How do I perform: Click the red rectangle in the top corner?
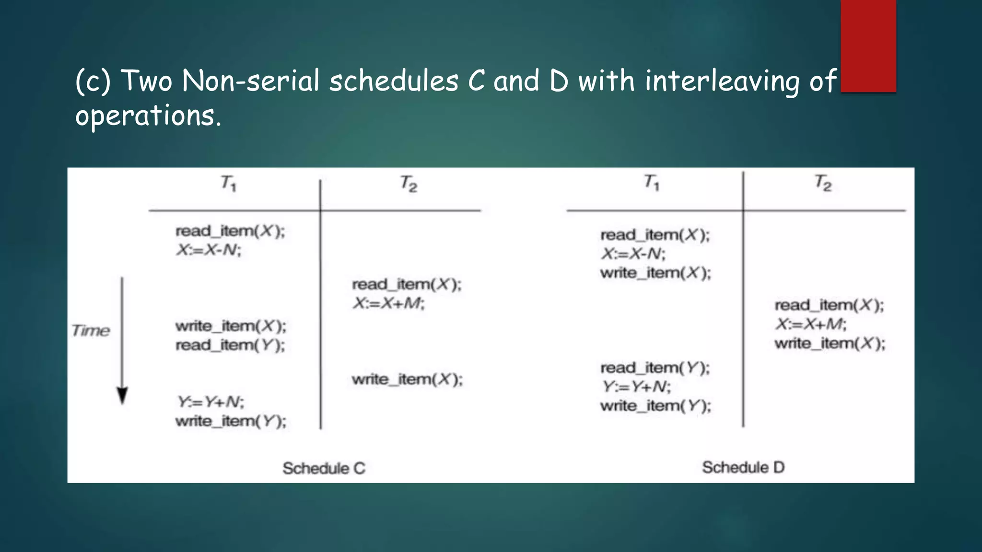(x=868, y=46)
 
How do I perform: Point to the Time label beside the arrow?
(x=91, y=331)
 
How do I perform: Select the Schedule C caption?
(x=324, y=468)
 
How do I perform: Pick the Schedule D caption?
(x=743, y=467)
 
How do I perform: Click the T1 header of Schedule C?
(x=229, y=183)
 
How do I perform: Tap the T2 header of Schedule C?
(x=409, y=184)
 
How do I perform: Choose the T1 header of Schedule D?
(x=652, y=182)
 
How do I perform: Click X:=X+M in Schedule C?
(x=388, y=303)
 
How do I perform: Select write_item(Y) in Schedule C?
(x=231, y=421)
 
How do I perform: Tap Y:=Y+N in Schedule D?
(x=636, y=387)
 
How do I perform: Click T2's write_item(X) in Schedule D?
(x=830, y=344)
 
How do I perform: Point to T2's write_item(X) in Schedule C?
(x=407, y=379)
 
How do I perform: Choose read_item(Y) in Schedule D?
(x=655, y=368)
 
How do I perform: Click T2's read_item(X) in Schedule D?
(x=829, y=305)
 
